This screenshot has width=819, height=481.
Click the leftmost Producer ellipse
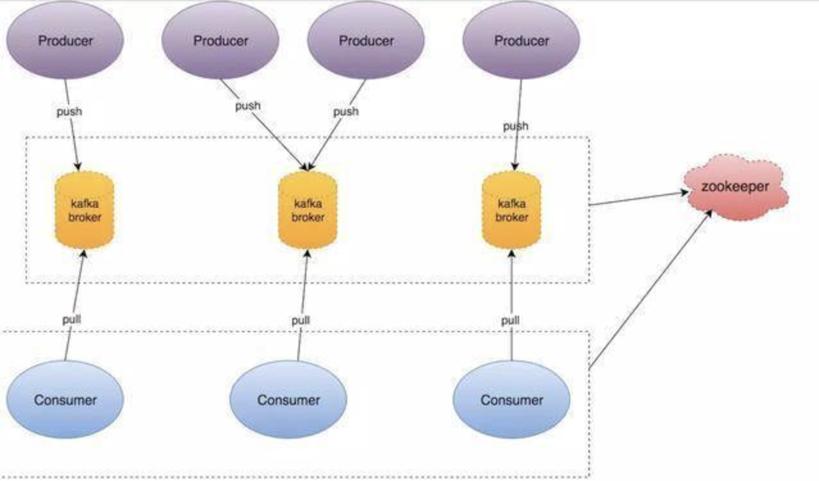pos(65,40)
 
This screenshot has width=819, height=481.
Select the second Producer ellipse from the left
pos(220,40)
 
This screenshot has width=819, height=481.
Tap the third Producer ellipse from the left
pos(366,40)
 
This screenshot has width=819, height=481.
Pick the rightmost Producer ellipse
pos(522,40)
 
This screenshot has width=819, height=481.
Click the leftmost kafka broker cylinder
pos(85,210)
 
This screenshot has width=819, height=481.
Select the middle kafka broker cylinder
pos(308,211)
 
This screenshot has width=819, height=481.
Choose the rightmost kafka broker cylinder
pos(512,211)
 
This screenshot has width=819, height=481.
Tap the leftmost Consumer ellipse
pos(65,400)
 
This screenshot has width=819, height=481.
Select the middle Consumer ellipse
pos(288,400)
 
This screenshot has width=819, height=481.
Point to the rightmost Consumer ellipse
pos(511,400)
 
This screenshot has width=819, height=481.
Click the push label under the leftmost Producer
pos(69,111)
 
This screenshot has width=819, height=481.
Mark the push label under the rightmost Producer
pos(515,126)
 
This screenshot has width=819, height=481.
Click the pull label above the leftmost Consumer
pos(71,318)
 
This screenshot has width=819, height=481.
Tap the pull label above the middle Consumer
pos(301,319)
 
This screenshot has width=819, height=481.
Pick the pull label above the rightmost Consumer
pos(510,319)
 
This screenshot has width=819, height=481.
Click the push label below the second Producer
pos(247,105)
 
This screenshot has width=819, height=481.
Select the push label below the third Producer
pos(346,111)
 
